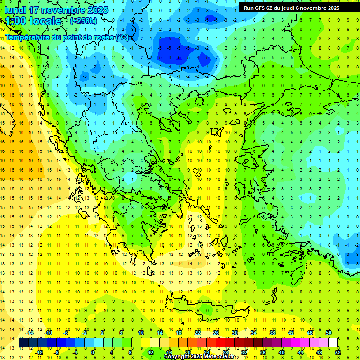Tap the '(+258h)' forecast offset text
pos(83,21)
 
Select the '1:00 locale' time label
pos(33,21)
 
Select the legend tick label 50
pos(329,333)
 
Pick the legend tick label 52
pos(338,352)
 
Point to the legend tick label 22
pos(197,333)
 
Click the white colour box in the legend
pos(333,343)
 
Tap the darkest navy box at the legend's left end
pos(23,343)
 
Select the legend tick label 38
pos(272,333)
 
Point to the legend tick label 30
pos(235,333)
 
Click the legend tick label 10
pos(141,333)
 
